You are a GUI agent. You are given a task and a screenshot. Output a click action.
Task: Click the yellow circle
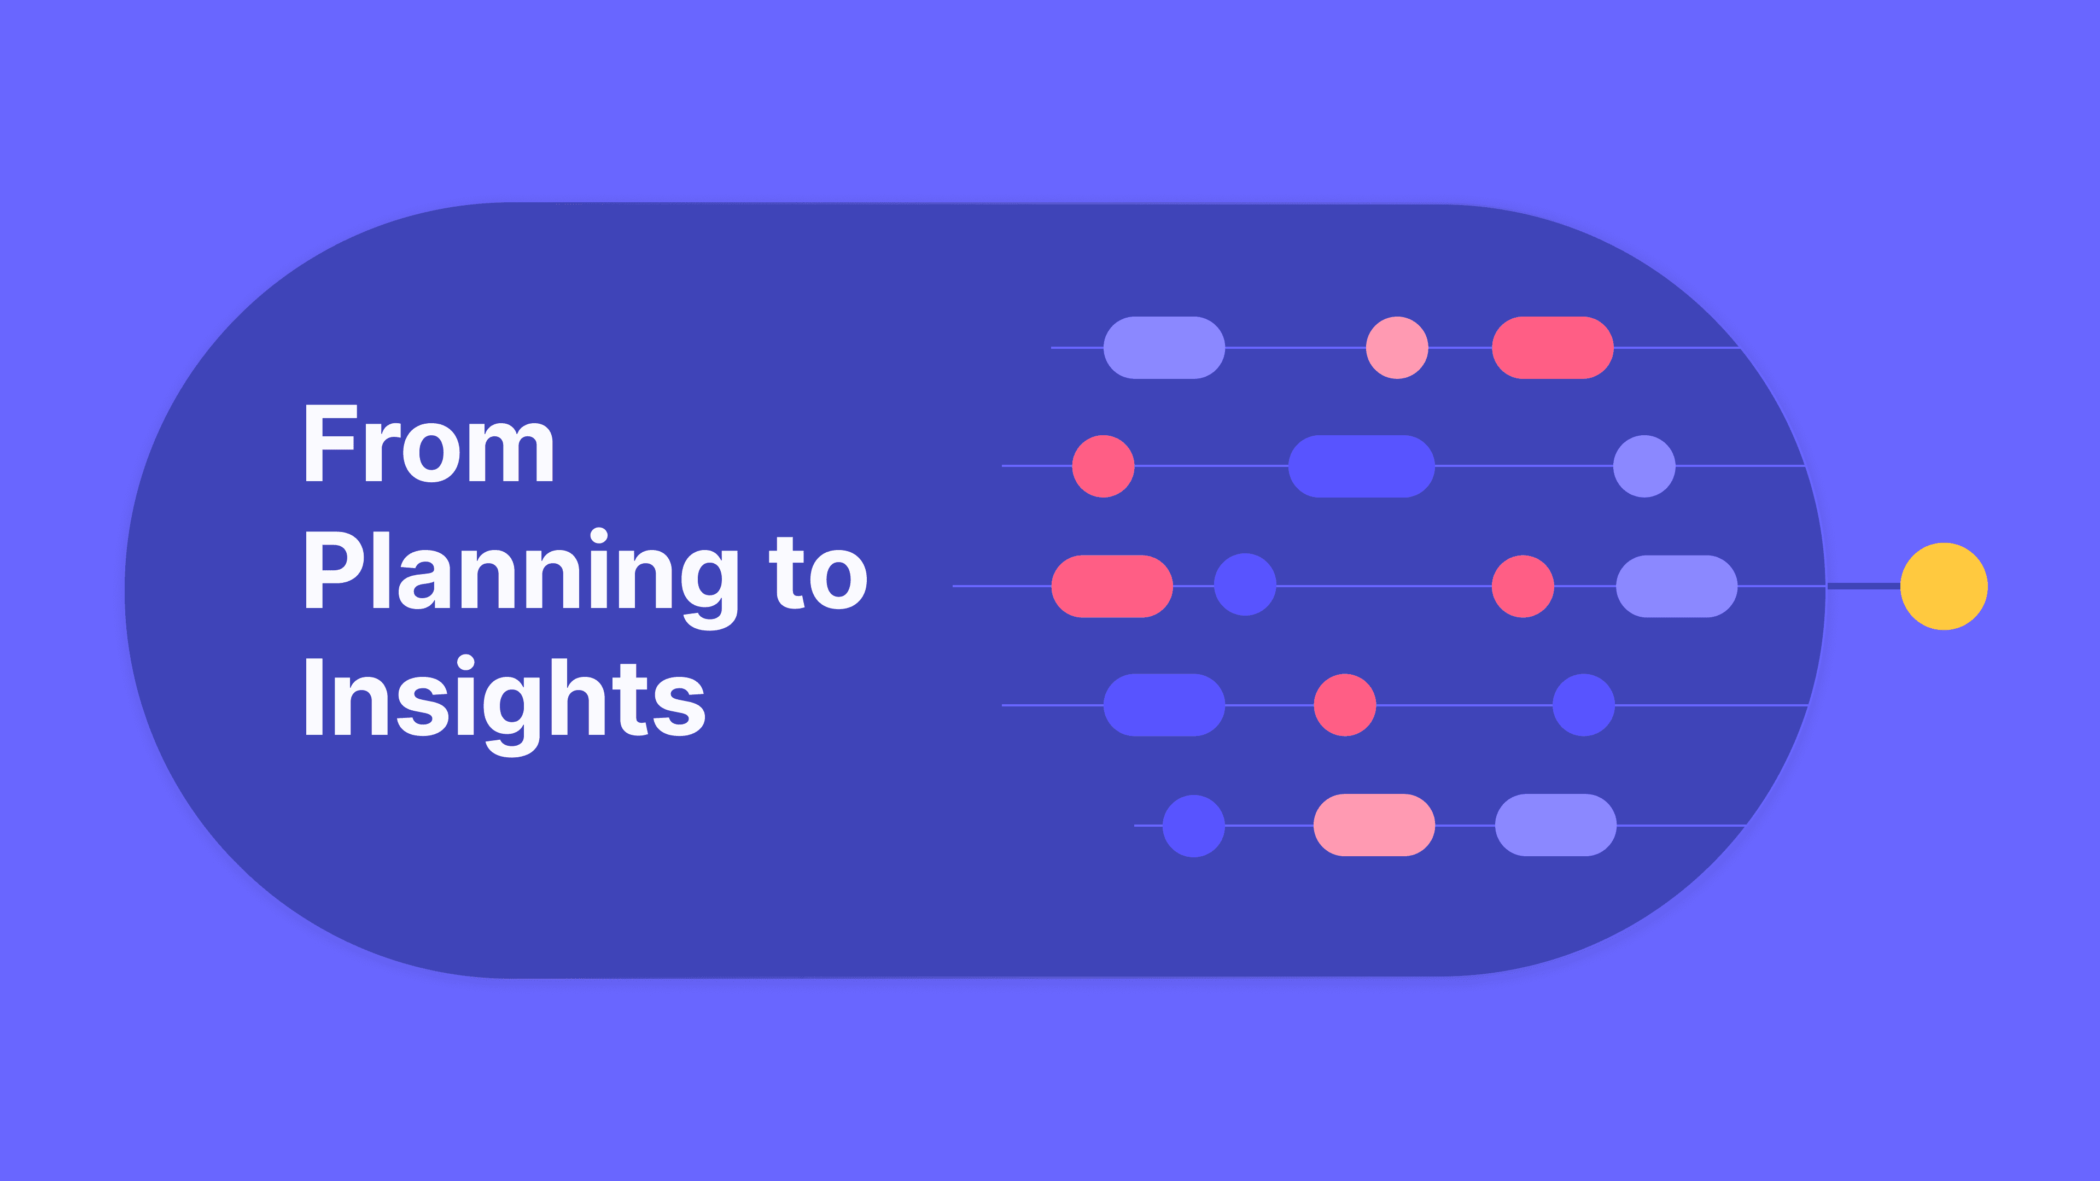coord(1944,586)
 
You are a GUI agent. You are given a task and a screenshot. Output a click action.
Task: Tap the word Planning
coord(522,573)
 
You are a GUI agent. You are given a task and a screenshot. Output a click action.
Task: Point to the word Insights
coord(504,699)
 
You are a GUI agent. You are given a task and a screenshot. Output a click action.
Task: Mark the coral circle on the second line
coord(1103,466)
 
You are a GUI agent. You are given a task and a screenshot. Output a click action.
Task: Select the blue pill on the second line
coord(1361,466)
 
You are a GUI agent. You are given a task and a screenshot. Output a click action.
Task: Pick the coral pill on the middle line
coord(1111,586)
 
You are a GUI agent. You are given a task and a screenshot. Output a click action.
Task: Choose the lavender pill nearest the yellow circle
coord(1676,586)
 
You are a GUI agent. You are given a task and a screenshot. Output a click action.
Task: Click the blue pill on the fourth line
coord(1163,705)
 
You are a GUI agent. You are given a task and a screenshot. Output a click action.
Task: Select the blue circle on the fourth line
coord(1583,705)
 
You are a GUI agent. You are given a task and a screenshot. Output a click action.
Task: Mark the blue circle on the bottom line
coord(1193,826)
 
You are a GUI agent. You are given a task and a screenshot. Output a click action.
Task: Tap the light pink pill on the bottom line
coord(1374,825)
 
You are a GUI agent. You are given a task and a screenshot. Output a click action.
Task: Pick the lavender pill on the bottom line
coord(1555,825)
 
